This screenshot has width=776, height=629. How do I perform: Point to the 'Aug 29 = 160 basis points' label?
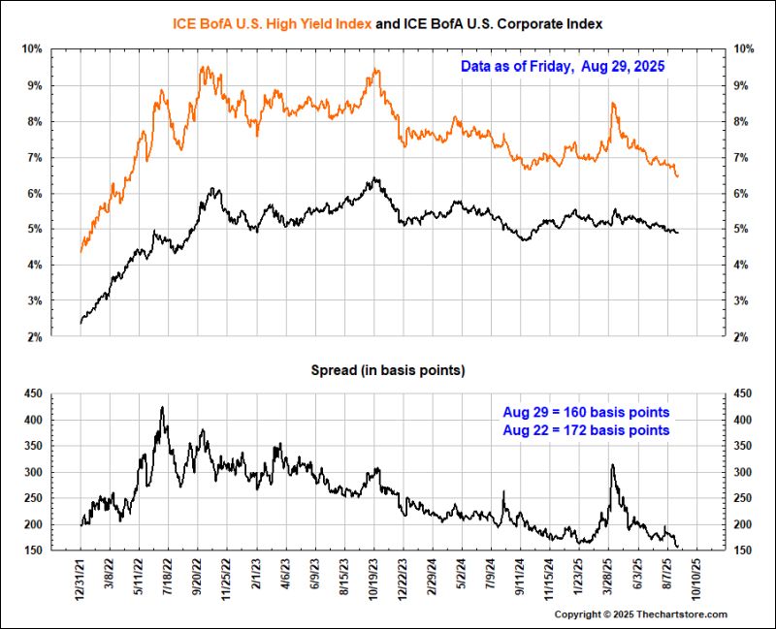586,412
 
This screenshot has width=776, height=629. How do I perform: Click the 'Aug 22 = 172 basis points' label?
586,429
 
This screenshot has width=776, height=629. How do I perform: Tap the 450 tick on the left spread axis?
31,393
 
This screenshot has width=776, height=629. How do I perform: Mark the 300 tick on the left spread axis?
31,472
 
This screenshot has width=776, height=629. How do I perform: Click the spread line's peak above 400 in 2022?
162,407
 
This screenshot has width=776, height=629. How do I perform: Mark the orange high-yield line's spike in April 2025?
613,104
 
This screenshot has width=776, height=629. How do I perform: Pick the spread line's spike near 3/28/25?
613,465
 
